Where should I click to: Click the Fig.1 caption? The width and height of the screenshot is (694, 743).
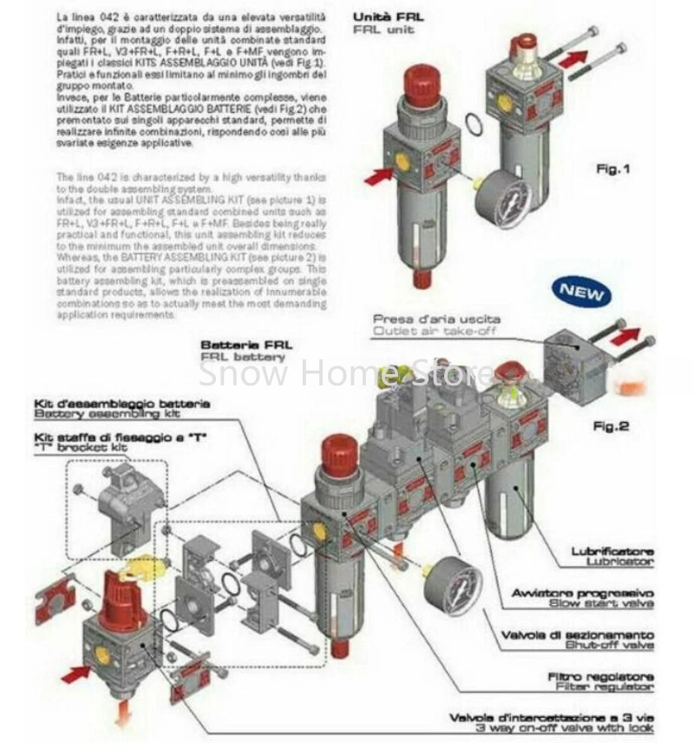(613, 168)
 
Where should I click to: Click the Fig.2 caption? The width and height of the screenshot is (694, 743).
(609, 426)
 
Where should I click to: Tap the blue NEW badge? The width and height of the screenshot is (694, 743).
(580, 293)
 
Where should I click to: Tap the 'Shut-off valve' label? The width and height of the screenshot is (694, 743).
(612, 644)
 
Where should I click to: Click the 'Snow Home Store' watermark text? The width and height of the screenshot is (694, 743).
(346, 374)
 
